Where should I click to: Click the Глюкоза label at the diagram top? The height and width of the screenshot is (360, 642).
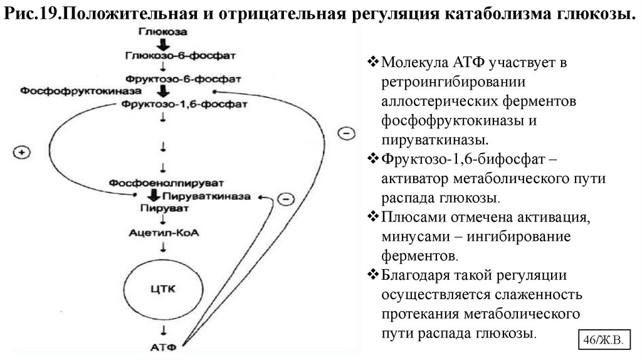(162, 31)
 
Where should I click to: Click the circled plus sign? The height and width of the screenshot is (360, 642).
(22, 152)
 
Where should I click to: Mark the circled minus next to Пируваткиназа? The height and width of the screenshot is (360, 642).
(285, 199)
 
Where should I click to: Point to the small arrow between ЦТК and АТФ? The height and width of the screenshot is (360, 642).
(164, 330)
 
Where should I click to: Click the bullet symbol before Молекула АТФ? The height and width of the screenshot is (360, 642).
(372, 63)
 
